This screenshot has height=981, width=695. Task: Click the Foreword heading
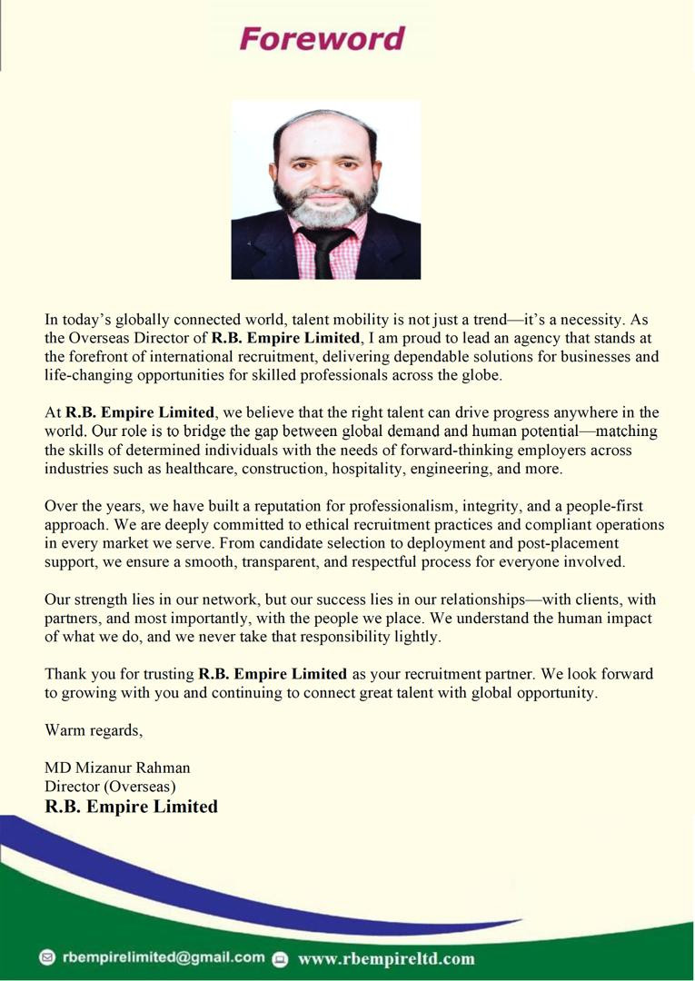[x=322, y=39]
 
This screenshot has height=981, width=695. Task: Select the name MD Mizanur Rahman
[x=117, y=768]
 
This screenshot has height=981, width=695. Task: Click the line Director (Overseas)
[x=110, y=786]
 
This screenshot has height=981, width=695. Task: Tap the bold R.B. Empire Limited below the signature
[x=131, y=807]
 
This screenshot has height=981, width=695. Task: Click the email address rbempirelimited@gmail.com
[x=164, y=957]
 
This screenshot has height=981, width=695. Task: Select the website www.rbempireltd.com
[x=385, y=958]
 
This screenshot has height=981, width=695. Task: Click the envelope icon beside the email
[x=47, y=957]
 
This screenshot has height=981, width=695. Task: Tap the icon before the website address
[x=280, y=958]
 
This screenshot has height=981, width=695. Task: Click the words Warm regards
[x=94, y=729]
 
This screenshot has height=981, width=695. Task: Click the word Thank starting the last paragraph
[x=66, y=674]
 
